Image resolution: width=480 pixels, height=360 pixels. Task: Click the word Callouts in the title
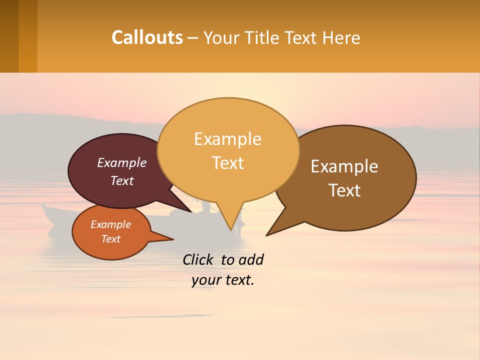click(x=147, y=37)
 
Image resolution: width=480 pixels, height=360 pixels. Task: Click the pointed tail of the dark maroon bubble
click(x=189, y=210)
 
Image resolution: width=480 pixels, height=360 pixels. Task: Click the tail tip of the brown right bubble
click(x=267, y=234)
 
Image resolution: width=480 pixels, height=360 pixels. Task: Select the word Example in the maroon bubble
click(x=122, y=162)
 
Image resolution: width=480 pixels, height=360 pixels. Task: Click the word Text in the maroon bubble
click(x=122, y=180)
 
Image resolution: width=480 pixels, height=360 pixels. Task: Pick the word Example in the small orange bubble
click(x=110, y=224)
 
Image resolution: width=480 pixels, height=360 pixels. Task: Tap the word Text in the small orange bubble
click(x=110, y=239)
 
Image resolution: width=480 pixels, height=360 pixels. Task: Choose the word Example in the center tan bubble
click(x=227, y=138)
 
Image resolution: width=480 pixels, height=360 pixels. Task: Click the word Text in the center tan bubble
click(x=227, y=162)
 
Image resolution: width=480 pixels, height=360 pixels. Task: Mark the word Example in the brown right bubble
click(x=344, y=166)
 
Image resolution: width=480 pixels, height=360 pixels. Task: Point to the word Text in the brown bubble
click(x=344, y=190)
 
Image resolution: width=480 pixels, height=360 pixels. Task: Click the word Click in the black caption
click(x=198, y=259)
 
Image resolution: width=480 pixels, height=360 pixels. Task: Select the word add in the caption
click(x=251, y=259)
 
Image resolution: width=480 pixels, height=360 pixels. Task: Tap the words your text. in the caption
click(x=223, y=280)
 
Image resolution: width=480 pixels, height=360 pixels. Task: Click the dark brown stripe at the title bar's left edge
click(x=9, y=36)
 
